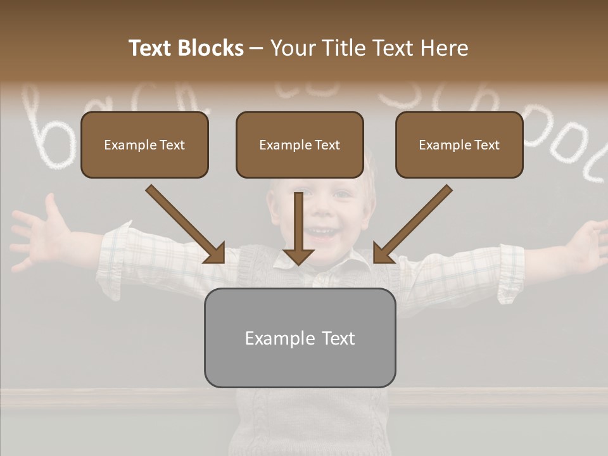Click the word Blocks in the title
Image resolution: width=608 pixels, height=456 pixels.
pos(210,48)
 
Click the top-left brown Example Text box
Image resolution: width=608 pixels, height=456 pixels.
pos(144,145)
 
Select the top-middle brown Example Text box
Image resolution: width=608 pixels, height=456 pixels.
pos(300,145)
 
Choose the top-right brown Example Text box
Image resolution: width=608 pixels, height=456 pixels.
pos(459,145)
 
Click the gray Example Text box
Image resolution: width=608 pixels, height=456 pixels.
pos(300,338)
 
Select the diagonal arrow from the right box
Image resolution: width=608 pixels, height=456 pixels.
pos(412,225)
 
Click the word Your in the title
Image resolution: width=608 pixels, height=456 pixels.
pos(292,48)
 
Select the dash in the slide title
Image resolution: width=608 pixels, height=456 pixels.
pos(256,48)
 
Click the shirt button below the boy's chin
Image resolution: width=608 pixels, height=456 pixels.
pos(321,278)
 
